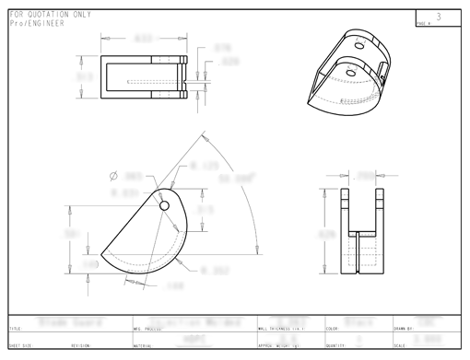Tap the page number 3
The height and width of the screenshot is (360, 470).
click(x=439, y=17)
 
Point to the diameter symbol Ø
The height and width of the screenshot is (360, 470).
click(x=113, y=175)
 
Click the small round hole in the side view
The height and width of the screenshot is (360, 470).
click(x=165, y=205)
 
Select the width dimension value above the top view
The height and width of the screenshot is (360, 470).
click(x=143, y=40)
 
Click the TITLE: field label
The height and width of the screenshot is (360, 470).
click(x=16, y=329)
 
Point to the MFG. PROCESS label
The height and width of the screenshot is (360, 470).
click(x=150, y=329)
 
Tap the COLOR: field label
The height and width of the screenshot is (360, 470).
click(x=334, y=329)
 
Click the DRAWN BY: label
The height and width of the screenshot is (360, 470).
click(x=404, y=329)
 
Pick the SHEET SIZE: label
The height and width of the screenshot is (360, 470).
click(x=20, y=346)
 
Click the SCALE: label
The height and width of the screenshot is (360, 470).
click(x=399, y=346)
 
